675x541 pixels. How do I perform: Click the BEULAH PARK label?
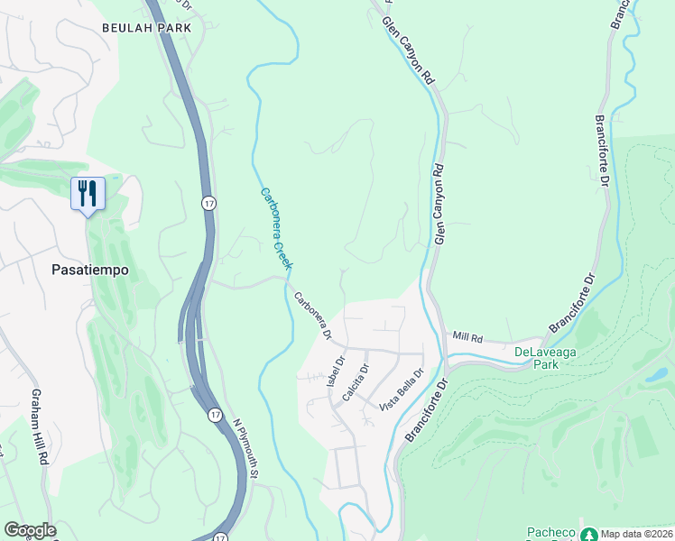[x=146, y=28]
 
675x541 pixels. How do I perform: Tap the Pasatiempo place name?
[x=90, y=270]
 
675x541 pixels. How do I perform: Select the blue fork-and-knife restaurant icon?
[x=88, y=194]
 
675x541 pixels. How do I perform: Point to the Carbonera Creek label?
[x=276, y=229]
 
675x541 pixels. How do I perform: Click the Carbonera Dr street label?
[x=312, y=316]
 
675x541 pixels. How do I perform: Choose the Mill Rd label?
[x=468, y=336]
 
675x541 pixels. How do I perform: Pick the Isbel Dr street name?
[x=336, y=371]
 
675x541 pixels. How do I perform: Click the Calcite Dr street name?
[x=359, y=382]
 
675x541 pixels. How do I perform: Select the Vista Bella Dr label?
[x=402, y=390]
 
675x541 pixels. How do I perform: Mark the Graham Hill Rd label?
[x=40, y=427]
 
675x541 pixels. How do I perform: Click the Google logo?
[x=30, y=530]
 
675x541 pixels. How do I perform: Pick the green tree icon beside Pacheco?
[x=588, y=534]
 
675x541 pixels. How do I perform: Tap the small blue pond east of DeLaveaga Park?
[x=656, y=372]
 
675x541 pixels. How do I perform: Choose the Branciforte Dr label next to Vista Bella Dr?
[x=427, y=409]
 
